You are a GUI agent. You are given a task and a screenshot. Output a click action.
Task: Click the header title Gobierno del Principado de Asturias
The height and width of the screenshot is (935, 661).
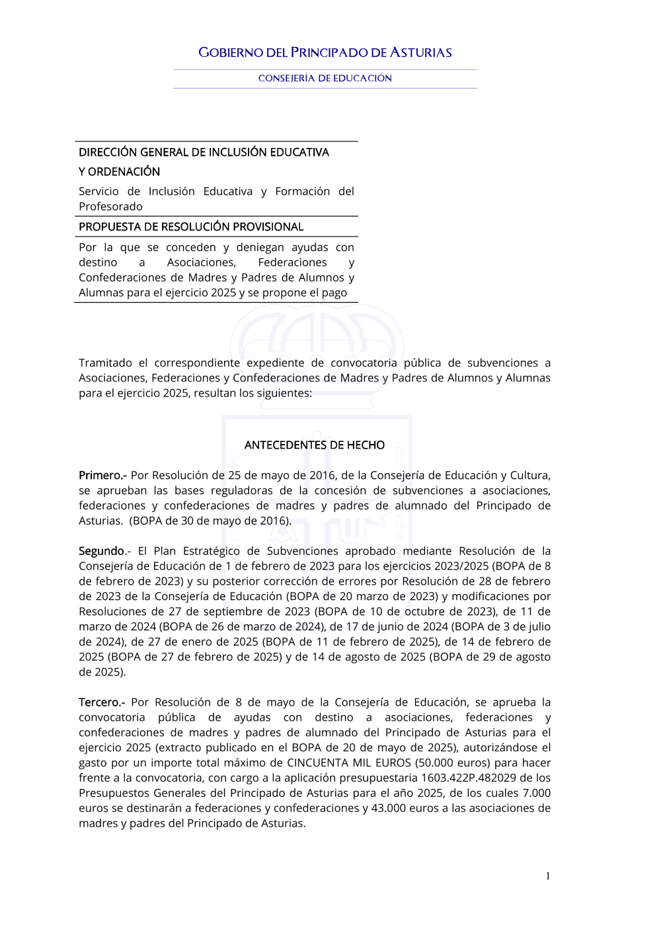point(325,53)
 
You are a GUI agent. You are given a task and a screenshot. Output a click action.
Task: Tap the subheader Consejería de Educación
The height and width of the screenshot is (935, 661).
point(325,79)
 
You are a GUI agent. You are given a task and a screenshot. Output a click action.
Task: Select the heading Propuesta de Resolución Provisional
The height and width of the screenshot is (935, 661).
point(191,227)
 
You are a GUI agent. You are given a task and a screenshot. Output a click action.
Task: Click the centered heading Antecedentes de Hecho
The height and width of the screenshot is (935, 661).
point(315,445)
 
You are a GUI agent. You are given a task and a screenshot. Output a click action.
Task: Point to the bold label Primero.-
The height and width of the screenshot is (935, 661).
point(102,476)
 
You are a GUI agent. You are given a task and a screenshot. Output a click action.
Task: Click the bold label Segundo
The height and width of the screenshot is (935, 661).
point(102,551)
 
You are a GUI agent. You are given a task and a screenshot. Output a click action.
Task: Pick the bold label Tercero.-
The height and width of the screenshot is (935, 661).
point(102,702)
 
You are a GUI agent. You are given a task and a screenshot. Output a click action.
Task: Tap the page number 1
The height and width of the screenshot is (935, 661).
point(548,876)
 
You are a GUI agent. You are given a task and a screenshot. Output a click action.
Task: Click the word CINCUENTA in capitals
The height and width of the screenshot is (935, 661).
point(317,763)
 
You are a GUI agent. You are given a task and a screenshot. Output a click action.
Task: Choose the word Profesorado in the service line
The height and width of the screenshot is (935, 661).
point(110,207)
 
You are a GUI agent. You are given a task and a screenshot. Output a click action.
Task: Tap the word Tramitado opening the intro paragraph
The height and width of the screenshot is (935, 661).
point(105,363)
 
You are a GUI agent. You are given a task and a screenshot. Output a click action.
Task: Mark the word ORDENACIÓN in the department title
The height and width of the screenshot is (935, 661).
point(124,172)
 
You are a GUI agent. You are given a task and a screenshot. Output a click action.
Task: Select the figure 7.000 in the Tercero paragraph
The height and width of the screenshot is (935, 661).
point(536,794)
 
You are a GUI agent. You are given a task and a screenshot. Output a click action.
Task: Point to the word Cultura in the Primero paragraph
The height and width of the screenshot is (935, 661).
point(529,476)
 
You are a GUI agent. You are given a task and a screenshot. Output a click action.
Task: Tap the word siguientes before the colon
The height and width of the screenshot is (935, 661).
point(281,394)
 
